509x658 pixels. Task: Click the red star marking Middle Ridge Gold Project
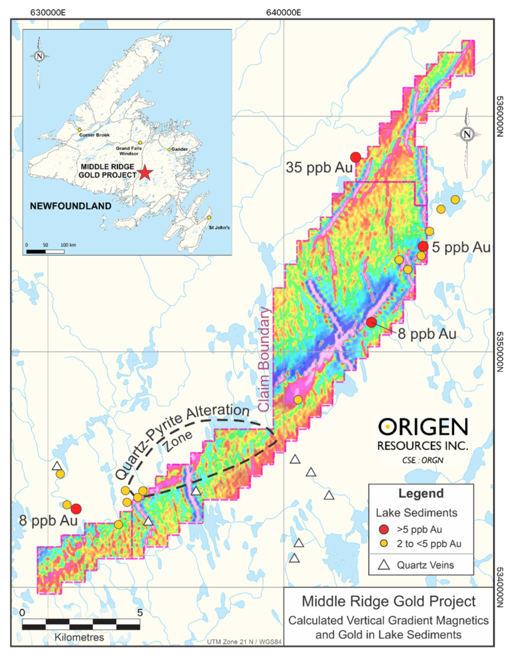pyautogui.click(x=145, y=173)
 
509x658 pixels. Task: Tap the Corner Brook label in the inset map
pyautogui.click(x=94, y=135)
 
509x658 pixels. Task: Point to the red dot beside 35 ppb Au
pyautogui.click(x=356, y=157)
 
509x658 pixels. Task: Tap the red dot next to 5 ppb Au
pyautogui.click(x=423, y=246)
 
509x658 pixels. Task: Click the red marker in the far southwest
pyautogui.click(x=76, y=508)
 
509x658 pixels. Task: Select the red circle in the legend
pyautogui.click(x=382, y=529)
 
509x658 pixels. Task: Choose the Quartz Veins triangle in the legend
pyautogui.click(x=382, y=565)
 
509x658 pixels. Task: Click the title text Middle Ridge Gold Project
pyautogui.click(x=388, y=602)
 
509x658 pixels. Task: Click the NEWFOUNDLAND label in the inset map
pyautogui.click(x=70, y=206)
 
